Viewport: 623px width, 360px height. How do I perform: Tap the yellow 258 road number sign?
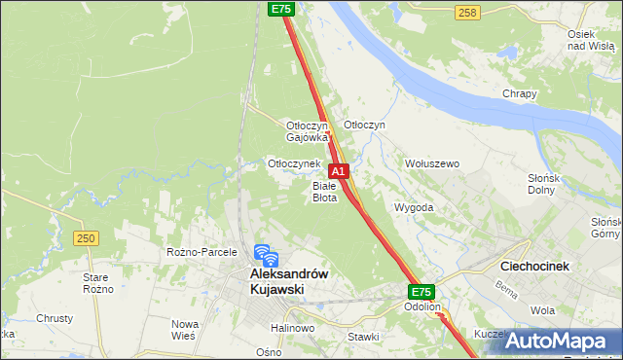pyautogui.click(x=467, y=12)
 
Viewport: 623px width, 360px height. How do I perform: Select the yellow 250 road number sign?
pyautogui.click(x=86, y=238)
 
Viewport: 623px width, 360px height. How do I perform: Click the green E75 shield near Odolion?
pyautogui.click(x=421, y=291)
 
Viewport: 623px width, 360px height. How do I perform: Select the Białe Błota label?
pyautogui.click(x=324, y=191)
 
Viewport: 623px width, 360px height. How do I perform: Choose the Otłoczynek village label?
pyautogui.click(x=294, y=163)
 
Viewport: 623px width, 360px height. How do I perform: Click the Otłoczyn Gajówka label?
pyautogui.click(x=308, y=131)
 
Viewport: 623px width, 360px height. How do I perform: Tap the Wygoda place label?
pyautogui.click(x=413, y=207)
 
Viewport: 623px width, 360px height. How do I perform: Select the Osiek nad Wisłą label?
pyautogui.click(x=588, y=40)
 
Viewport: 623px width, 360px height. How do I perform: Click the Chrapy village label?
pyautogui.click(x=520, y=93)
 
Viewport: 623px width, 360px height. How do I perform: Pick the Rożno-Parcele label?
pyautogui.click(x=202, y=252)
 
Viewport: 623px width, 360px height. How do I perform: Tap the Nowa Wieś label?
pyautogui.click(x=184, y=329)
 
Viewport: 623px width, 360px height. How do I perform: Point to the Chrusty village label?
pyautogui.click(x=55, y=318)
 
